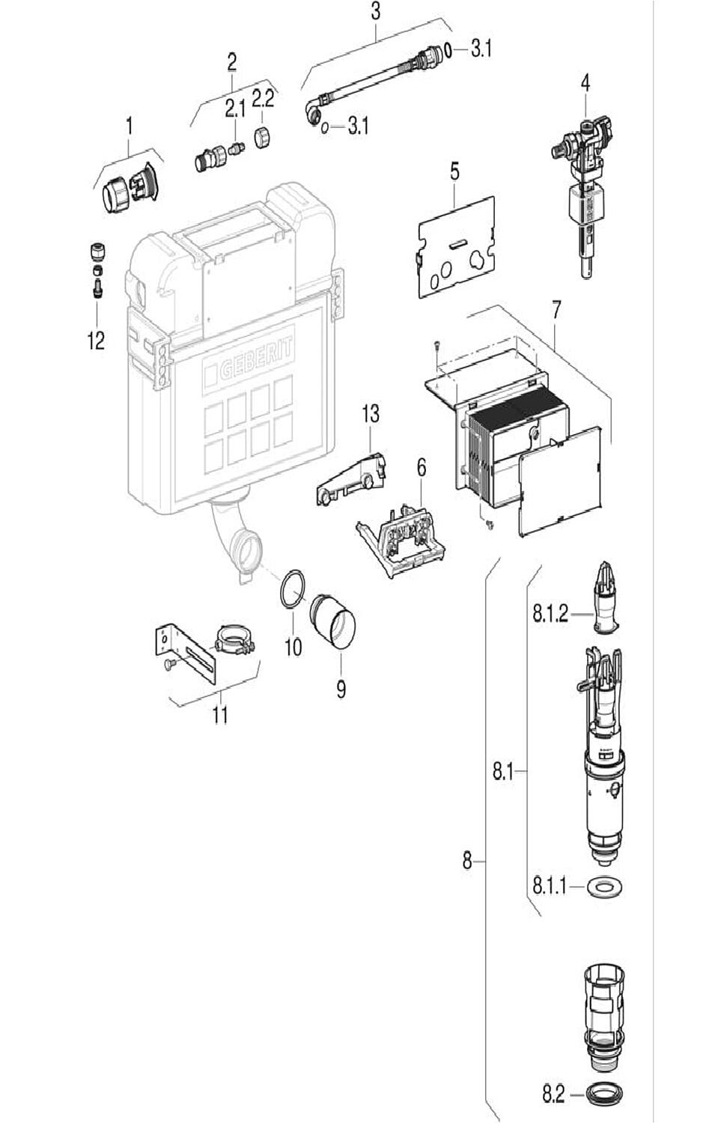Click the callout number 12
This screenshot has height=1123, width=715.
pos(96,341)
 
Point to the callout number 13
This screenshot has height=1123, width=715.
pos(371,413)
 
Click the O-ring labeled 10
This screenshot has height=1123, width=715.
pos(293,589)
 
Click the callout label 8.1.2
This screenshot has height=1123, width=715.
pos(550,615)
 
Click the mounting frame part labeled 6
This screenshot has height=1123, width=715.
pos(404,533)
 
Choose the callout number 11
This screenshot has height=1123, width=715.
pos(219,714)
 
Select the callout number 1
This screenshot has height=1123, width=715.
pos(129,126)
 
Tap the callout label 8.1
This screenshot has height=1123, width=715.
pos(503,771)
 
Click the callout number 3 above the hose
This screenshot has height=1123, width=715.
pos(375,10)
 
